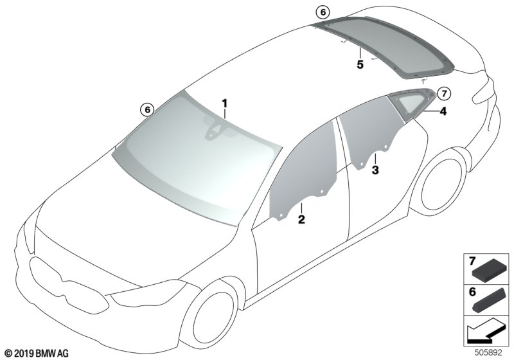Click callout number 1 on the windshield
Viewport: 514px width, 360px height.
pyautogui.click(x=225, y=103)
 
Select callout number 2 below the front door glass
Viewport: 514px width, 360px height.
pyautogui.click(x=300, y=220)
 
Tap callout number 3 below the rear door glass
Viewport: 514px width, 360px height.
pyautogui.click(x=376, y=170)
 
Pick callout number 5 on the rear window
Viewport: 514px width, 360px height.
pyautogui.click(x=360, y=64)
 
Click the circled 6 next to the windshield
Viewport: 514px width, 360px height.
pyautogui.click(x=147, y=110)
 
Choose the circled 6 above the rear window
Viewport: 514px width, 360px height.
pyautogui.click(x=322, y=12)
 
